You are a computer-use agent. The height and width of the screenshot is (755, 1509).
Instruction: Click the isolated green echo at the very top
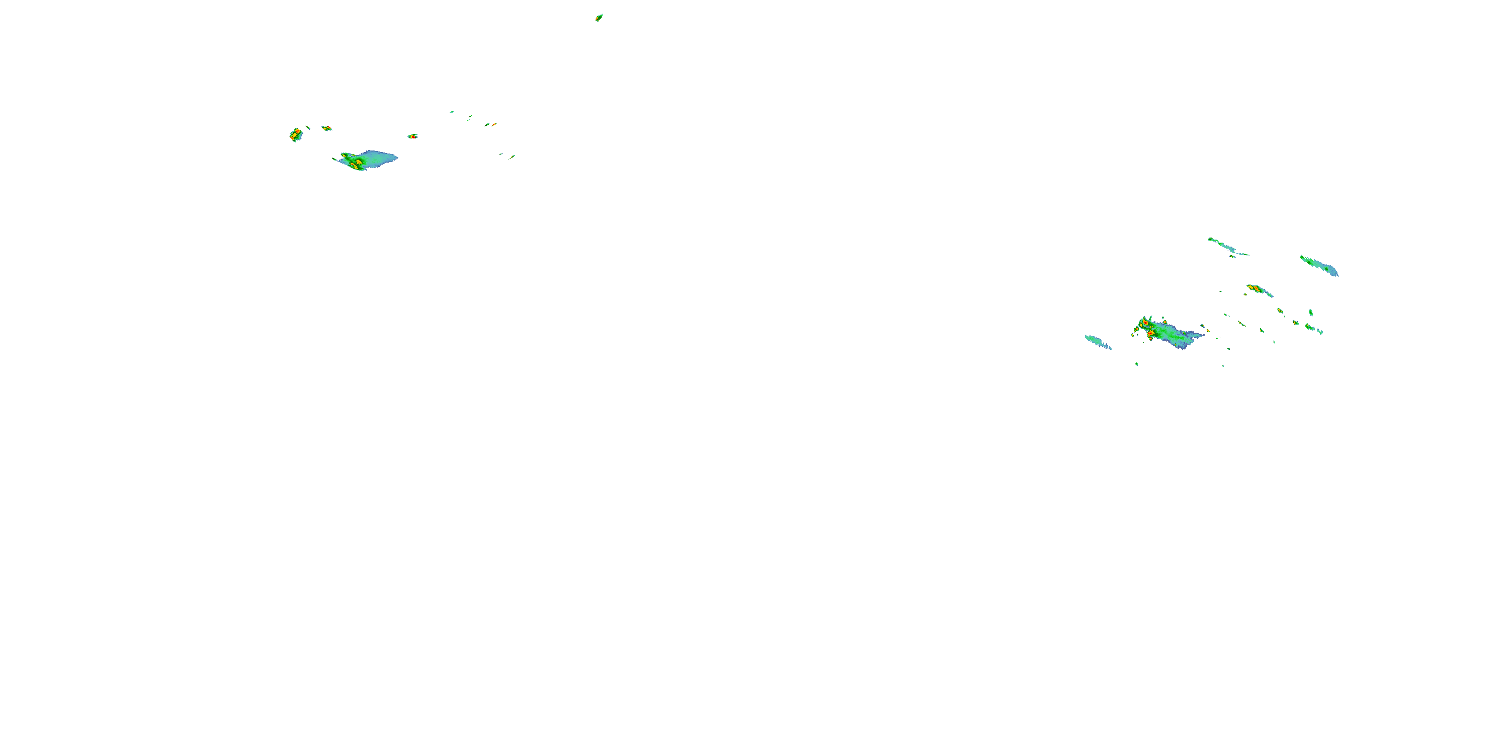pos(599,18)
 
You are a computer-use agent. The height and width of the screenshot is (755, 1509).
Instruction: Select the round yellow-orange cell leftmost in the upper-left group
pos(296,135)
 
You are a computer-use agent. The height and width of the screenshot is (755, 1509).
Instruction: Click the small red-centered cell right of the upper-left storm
pos(413,136)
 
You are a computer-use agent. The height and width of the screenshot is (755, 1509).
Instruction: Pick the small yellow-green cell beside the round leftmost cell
pos(327,128)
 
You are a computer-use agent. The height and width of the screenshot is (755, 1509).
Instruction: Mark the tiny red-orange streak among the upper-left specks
pos(493,124)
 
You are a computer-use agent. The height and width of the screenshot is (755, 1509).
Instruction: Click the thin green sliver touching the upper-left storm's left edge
pos(335,159)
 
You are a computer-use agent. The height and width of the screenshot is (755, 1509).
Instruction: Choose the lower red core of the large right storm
pos(1150,334)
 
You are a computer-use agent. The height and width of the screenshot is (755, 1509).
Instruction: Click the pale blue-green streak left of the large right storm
pos(1098,342)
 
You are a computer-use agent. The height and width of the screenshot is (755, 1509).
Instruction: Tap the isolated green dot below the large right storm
pos(1137,364)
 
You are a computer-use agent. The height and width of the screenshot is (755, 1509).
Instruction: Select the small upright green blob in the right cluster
pos(1310,312)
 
